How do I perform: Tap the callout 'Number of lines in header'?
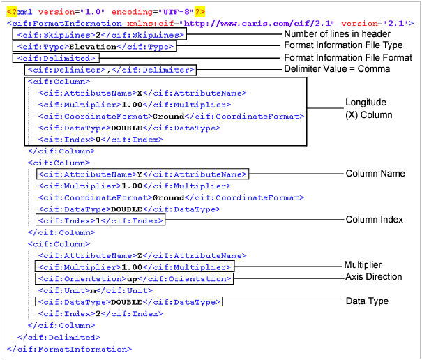coord(337,34)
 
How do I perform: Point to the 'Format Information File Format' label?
coord(347,57)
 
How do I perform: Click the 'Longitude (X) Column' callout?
coord(369,109)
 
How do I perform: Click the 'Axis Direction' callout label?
coord(373,277)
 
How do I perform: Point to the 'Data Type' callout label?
coord(367,301)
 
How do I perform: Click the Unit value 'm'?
coord(91,290)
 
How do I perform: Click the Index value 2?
coord(98,314)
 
